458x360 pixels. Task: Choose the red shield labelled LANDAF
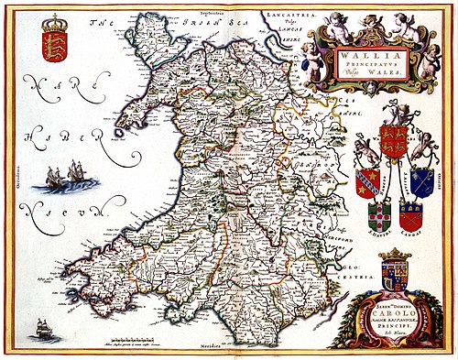[x=410, y=213]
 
